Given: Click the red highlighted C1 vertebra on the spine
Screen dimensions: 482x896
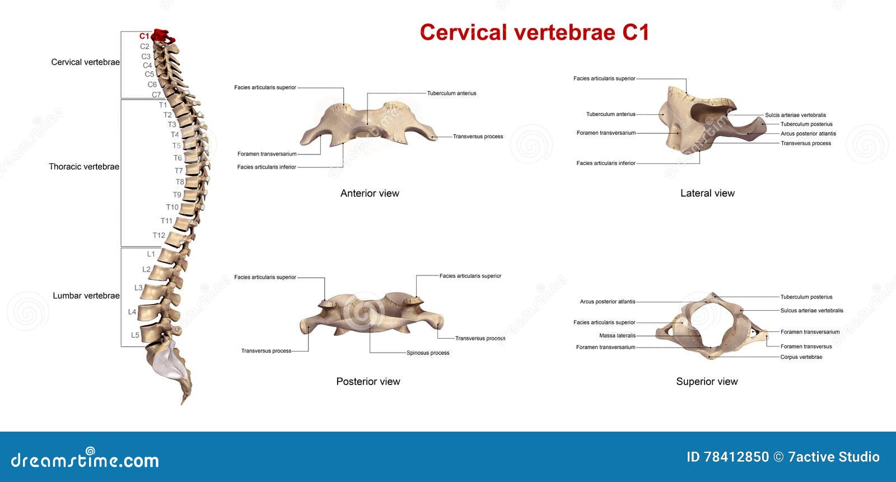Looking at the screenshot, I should click(163, 36).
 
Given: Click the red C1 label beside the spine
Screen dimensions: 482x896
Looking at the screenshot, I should click(144, 36).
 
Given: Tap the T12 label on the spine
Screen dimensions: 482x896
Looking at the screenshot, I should click(159, 235).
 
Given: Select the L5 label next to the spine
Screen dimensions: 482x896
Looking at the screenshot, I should click(135, 335).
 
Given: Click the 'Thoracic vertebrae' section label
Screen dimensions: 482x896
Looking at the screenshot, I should click(84, 166).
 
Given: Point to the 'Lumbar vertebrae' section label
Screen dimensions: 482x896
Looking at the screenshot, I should click(86, 296).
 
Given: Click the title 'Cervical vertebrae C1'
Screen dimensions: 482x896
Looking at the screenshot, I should click(534, 32).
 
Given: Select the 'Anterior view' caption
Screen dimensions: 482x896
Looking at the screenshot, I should click(370, 193).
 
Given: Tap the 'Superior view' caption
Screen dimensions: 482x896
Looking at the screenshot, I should click(707, 381).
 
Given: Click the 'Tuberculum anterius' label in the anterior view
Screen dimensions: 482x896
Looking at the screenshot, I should click(451, 93).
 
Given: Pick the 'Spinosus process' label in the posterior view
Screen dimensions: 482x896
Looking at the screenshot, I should click(428, 353).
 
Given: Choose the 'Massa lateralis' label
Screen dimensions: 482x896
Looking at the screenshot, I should click(617, 335).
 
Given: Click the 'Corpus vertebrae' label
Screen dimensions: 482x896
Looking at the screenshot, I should click(801, 357).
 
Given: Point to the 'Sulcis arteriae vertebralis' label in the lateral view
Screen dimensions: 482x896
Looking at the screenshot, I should click(795, 115).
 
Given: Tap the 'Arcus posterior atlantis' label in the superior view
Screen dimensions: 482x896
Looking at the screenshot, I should click(608, 302).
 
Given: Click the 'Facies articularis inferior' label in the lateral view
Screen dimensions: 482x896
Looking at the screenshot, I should click(606, 163).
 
